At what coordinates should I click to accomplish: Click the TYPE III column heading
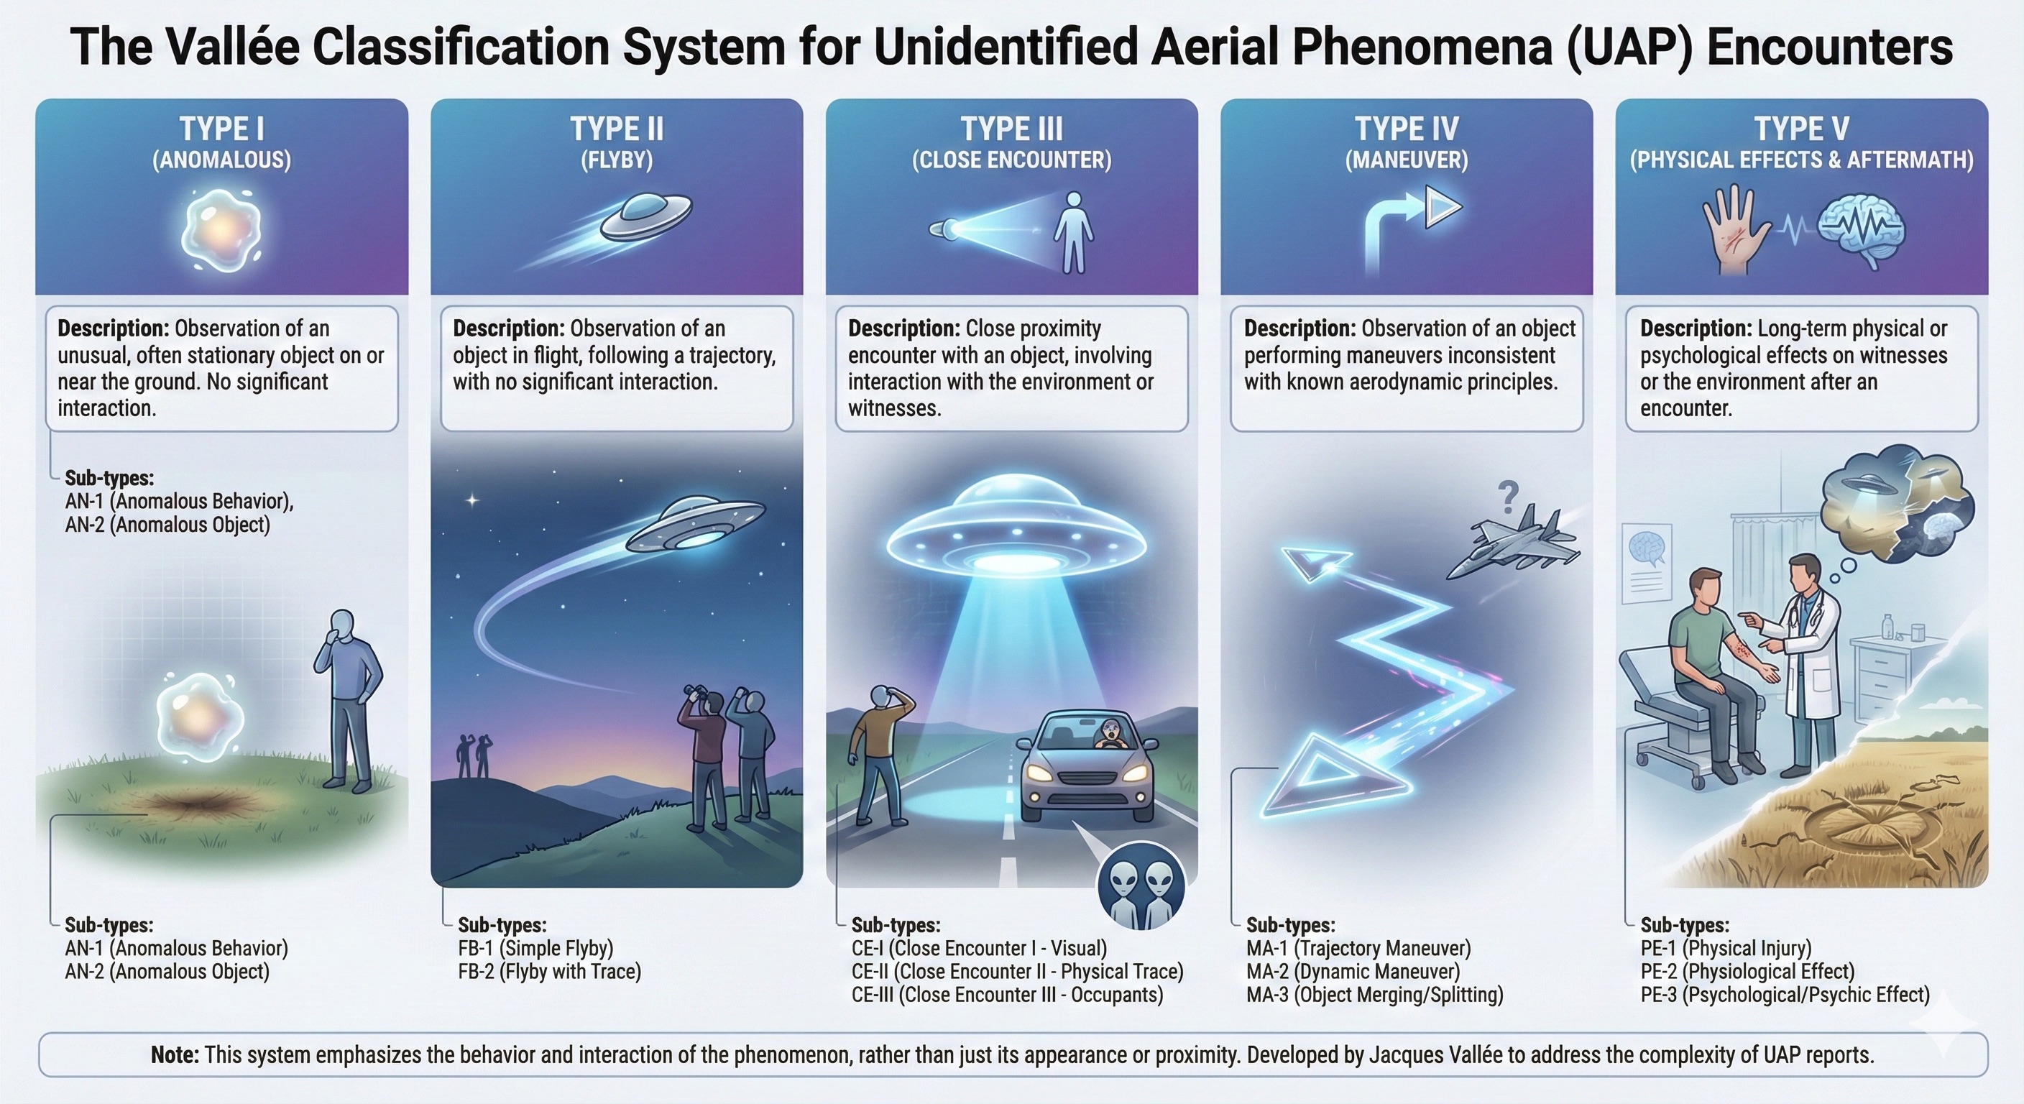pos(1012,129)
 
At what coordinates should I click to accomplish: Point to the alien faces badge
pos(1141,885)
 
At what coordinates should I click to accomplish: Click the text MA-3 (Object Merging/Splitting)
pos(1375,995)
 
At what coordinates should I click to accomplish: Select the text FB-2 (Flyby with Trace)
pos(550,971)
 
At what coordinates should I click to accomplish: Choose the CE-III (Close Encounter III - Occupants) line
pos(1007,995)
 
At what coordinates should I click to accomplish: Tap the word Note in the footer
pos(175,1054)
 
